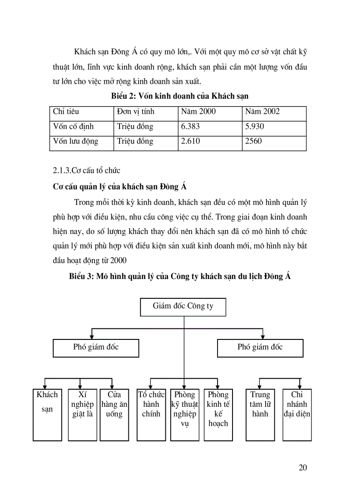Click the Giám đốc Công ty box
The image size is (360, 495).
[183, 307]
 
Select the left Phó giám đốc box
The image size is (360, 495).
[96, 348]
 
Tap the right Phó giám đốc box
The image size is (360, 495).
[260, 348]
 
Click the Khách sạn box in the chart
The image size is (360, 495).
[47, 414]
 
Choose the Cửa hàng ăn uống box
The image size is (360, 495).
[114, 414]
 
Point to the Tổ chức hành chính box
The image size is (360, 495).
[151, 414]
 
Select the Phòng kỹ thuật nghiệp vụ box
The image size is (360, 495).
[184, 414]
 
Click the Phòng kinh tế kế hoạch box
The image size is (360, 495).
[218, 414]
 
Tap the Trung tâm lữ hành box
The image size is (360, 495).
[260, 414]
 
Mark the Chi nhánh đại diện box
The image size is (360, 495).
[297, 414]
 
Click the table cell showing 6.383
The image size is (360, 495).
[210, 127]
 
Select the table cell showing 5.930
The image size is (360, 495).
[274, 127]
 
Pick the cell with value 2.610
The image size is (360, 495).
[210, 142]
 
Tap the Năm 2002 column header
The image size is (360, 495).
[274, 112]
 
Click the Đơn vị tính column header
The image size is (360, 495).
[146, 112]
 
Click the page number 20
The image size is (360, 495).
[302, 468]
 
